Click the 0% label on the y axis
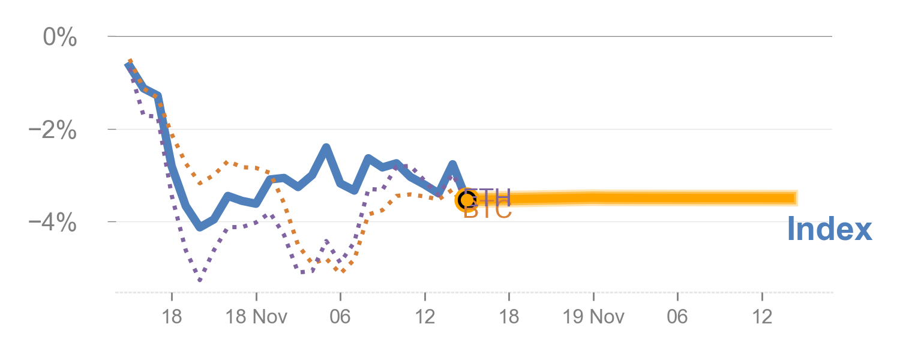pos(59,38)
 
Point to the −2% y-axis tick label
pos(53,130)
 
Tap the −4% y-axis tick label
pos(53,223)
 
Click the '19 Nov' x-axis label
pos(594,316)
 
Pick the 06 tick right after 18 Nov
pos(340,316)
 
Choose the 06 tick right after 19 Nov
pos(677,316)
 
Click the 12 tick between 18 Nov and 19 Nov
pos(425,316)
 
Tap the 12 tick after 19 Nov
pos(762,316)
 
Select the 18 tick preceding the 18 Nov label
pos(172,316)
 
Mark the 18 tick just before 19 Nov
pos(509,316)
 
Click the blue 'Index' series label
pos(829,230)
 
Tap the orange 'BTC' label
pos(488,211)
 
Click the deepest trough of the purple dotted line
pos(200,280)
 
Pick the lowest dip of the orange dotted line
pos(343,271)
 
